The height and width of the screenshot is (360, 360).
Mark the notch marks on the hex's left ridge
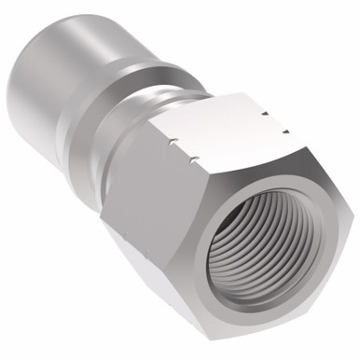click(x=173, y=145)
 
